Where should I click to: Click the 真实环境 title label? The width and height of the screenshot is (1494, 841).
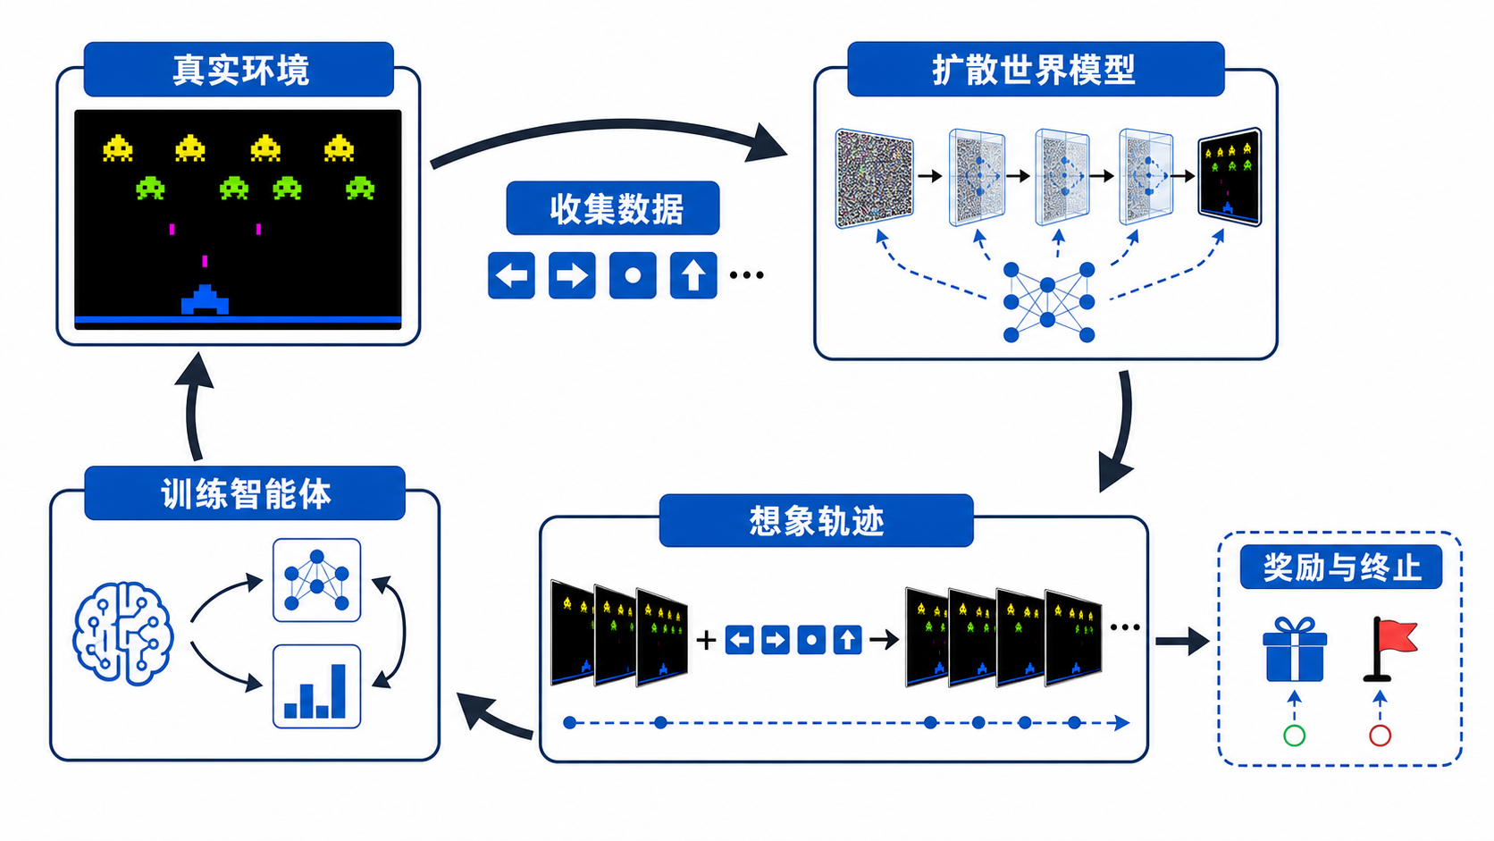pos(240,70)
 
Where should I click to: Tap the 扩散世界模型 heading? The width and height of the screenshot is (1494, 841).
pos(1034,70)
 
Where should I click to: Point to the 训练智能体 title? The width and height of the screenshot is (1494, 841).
pos(246,494)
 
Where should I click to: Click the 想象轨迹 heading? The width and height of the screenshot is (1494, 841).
pos(817,521)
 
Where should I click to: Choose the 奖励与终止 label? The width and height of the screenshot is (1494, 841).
pos(1341,568)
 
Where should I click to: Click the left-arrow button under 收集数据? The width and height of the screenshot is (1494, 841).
pos(512,275)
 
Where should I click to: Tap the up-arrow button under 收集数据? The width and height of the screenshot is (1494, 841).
pos(693,275)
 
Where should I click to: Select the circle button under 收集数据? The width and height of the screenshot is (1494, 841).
pos(633,275)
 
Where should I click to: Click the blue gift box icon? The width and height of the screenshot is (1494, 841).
pos(1295,649)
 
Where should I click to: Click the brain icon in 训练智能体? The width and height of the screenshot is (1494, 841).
pos(122,633)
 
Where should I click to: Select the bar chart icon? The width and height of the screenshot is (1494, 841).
pos(317,686)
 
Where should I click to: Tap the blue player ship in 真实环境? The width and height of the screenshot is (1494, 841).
pos(205,300)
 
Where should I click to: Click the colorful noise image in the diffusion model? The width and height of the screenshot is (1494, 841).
pos(875,179)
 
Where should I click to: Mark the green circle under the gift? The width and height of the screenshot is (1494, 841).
pos(1295,736)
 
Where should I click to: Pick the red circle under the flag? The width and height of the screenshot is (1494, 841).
pos(1380,736)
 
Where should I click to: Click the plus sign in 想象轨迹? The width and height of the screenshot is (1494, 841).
pos(706,640)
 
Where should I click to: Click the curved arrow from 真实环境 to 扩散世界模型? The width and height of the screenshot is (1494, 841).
pos(614,124)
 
